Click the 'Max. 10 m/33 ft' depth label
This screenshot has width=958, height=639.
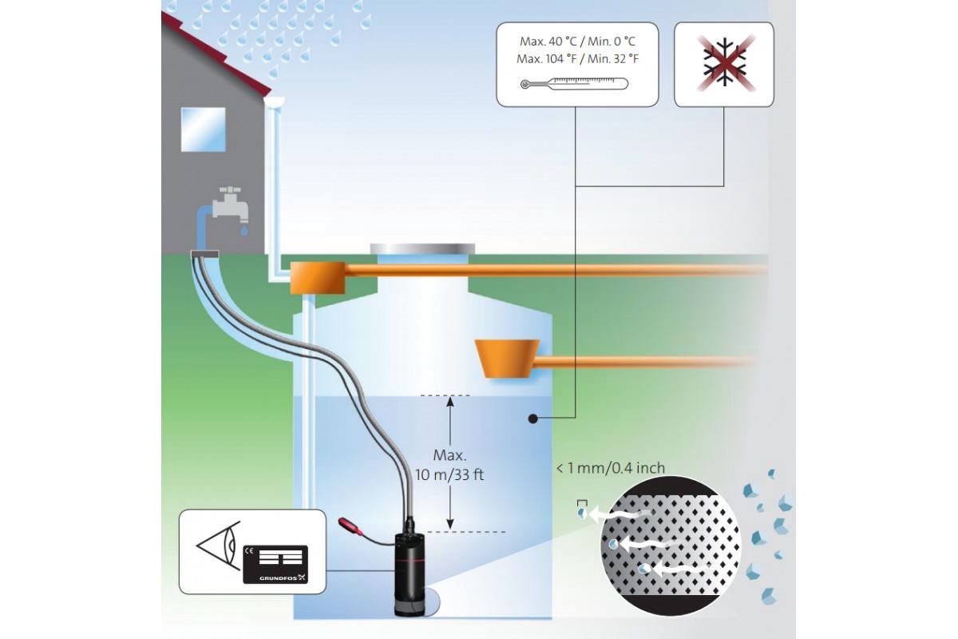coord(449,464)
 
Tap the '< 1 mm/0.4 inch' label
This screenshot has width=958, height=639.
coord(610,468)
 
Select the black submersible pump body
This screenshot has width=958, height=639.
coord(414,571)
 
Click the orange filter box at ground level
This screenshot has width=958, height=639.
coord(317,276)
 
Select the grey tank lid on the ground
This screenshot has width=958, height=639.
coord(422,248)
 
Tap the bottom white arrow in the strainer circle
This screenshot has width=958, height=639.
coord(663,570)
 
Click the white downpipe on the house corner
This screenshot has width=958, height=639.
coord(274,184)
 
